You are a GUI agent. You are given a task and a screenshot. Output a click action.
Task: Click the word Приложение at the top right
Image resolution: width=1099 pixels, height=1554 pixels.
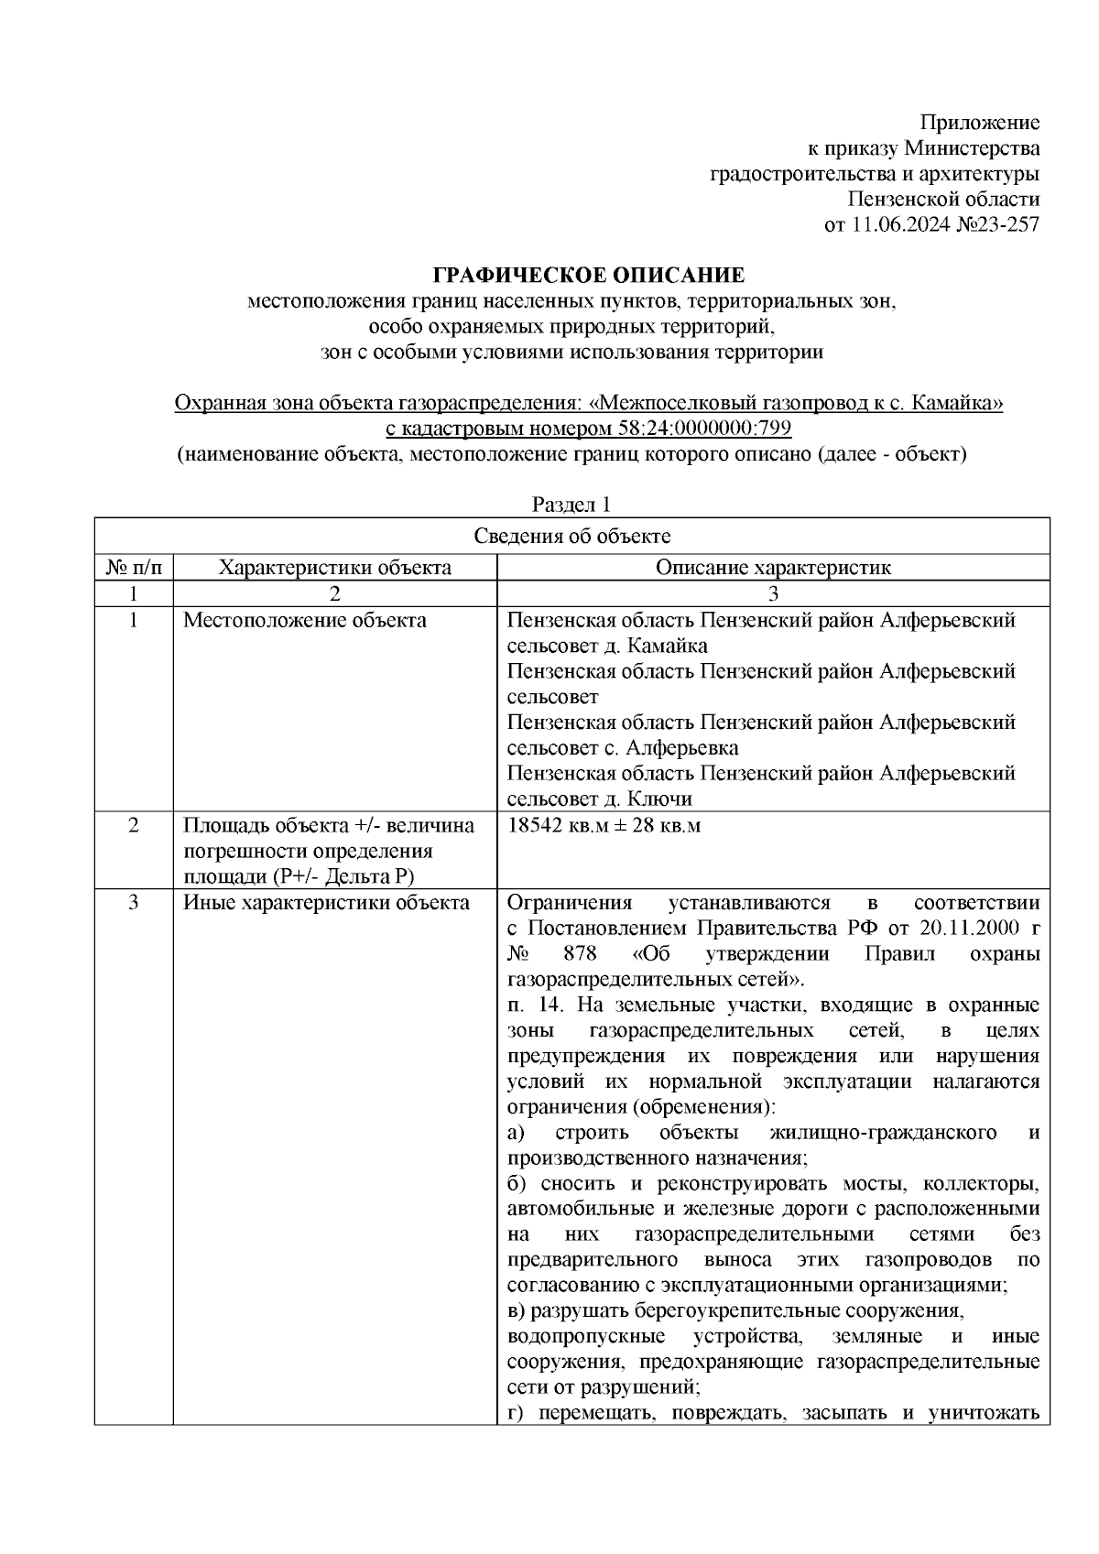coord(979,123)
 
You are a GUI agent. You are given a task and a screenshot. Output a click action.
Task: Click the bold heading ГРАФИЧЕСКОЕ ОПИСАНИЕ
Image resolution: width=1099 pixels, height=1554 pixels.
coord(588,275)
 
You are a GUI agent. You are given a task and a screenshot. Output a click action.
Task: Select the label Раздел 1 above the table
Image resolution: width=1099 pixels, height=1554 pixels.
coord(571,505)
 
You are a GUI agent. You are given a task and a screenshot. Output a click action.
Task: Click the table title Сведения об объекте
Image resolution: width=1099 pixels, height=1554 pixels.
coord(571,537)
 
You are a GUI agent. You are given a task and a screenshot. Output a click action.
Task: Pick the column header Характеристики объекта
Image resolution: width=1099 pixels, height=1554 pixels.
coord(334,567)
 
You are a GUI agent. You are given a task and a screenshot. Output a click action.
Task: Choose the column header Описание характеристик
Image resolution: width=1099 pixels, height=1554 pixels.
coord(772,567)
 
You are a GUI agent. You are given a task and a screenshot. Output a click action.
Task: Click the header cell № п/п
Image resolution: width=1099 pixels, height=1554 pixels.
coord(134,567)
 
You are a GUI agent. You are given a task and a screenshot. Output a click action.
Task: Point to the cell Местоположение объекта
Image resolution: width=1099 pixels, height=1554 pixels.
coord(304,620)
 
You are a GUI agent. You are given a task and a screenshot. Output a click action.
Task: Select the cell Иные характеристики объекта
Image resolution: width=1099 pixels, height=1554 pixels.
coord(326,903)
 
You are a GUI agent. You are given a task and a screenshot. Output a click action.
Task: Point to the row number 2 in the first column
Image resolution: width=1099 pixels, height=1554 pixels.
coord(134,825)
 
